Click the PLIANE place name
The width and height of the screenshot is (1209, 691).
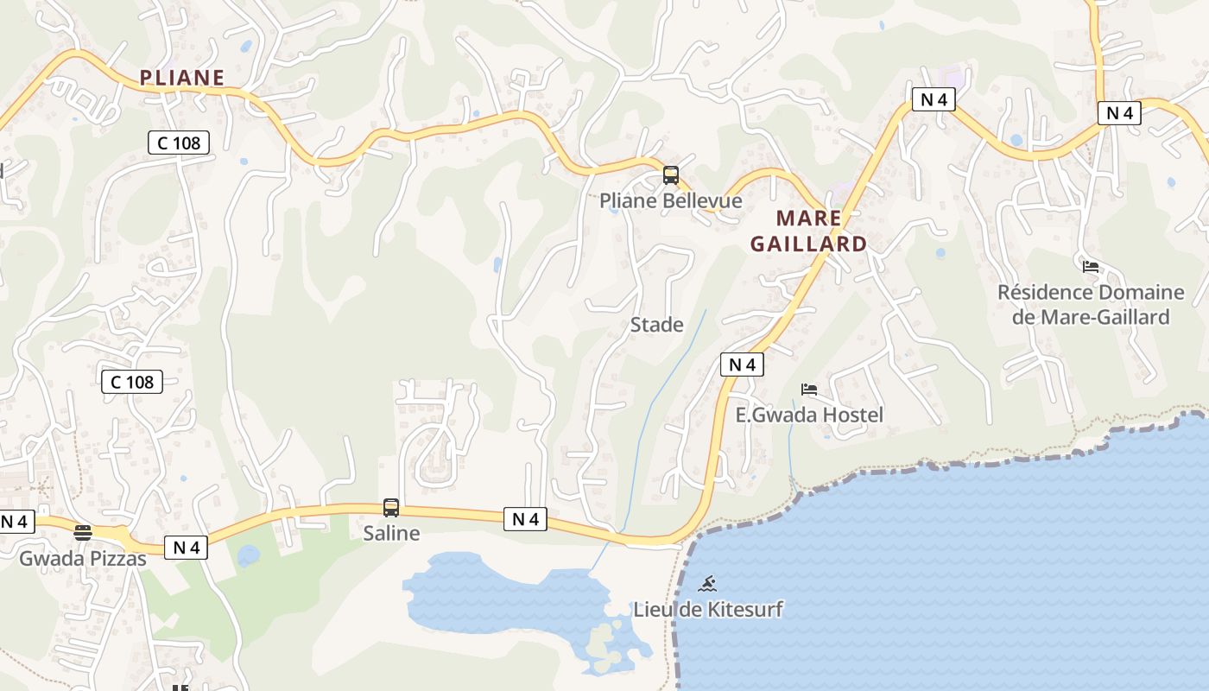point(181,78)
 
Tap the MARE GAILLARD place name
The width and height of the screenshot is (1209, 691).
point(808,231)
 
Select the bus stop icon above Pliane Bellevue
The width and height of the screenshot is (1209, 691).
point(671,175)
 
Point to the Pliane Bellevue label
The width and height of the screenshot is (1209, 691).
point(671,201)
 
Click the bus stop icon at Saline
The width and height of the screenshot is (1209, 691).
point(391,508)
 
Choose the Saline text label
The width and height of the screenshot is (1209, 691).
point(391,533)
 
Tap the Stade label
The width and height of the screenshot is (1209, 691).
point(656,325)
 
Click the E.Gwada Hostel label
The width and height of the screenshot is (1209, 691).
point(809,415)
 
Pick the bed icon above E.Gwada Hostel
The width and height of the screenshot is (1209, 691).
point(809,390)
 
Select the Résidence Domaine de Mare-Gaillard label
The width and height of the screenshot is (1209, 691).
point(1091,304)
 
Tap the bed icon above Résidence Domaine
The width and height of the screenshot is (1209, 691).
point(1091,266)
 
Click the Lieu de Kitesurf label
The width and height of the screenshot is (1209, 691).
point(708,609)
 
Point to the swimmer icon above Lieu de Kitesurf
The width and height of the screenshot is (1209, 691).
point(707,583)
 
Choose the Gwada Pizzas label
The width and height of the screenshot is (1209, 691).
point(83,559)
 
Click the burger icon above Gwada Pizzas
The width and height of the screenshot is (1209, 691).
point(83,533)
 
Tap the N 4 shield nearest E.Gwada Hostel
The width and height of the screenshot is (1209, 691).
point(742,365)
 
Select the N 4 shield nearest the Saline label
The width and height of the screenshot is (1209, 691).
point(525,519)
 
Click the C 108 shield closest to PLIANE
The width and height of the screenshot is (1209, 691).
point(179,143)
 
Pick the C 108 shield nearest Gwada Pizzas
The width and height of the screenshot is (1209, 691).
point(132,382)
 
